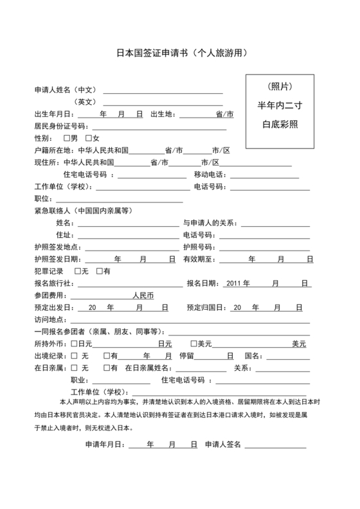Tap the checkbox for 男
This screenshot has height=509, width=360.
(x=67, y=138)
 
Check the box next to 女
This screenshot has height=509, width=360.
(x=88, y=138)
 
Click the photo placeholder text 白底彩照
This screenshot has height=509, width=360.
(x=278, y=124)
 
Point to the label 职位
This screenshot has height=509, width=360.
(x=42, y=199)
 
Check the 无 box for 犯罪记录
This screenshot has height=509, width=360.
(x=78, y=271)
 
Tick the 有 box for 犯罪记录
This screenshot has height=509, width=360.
(x=99, y=271)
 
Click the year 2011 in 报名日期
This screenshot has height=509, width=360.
(x=233, y=283)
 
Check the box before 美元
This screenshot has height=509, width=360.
(x=194, y=344)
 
